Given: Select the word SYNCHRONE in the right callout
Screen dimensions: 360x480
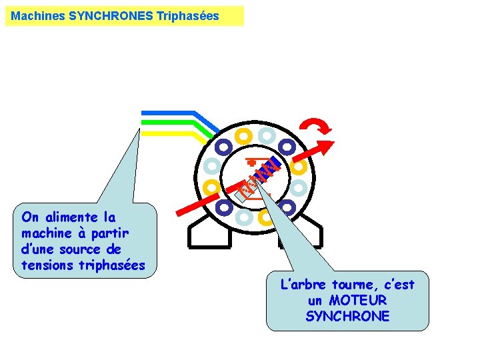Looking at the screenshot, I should [347, 316].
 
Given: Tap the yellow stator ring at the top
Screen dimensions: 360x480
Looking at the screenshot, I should [244, 135].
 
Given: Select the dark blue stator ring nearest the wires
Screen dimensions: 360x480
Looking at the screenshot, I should [223, 146].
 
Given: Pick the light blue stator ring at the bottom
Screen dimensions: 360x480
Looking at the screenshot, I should [244, 217].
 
